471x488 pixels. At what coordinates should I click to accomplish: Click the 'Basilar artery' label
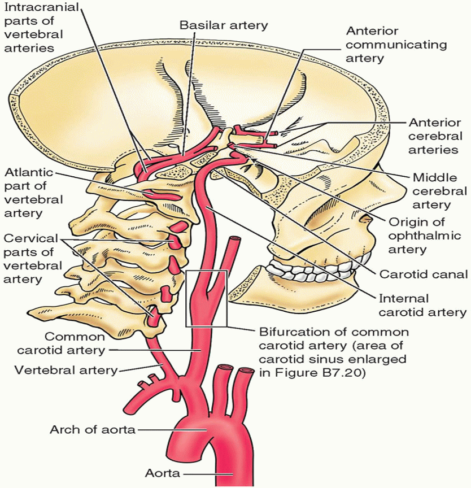(x=223, y=25)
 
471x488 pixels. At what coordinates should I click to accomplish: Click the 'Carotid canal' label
(x=424, y=274)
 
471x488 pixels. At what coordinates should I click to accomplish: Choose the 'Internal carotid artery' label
(x=422, y=305)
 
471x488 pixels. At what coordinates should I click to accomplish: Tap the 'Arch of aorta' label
(x=93, y=430)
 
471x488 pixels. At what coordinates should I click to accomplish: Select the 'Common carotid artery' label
(x=61, y=343)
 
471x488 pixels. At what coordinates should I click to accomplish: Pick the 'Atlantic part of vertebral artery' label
(x=33, y=192)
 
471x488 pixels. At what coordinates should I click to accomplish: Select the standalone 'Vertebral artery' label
(x=66, y=370)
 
